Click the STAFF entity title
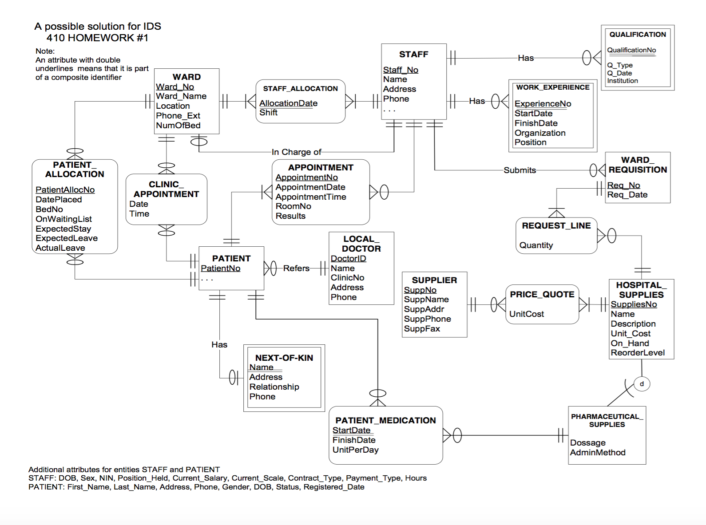tap(413, 55)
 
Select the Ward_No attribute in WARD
tap(175, 87)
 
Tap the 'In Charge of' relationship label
tap(296, 152)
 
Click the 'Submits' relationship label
tap(520, 170)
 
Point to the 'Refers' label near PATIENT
tap(296, 268)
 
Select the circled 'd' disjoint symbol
tap(642, 384)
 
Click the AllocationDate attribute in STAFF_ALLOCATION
tap(288, 103)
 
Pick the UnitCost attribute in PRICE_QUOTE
tap(526, 314)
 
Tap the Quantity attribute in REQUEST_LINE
tap(536, 245)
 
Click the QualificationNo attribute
tap(631, 50)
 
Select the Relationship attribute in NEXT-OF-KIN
tap(274, 387)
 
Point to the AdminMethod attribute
tap(597, 453)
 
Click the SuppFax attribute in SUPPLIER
tap(422, 329)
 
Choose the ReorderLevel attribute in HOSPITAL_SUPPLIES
tap(637, 353)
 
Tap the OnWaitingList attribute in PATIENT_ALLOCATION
tap(63, 219)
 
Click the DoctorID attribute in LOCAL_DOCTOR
tap(348, 259)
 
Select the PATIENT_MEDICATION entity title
tap(385, 420)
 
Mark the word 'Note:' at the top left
tap(45, 51)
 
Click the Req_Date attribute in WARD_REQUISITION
tap(627, 195)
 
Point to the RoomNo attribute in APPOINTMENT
tap(293, 206)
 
